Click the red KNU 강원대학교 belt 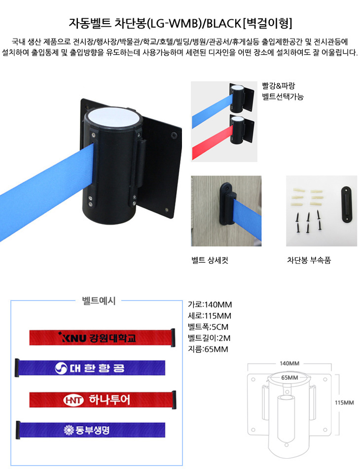click(102, 337)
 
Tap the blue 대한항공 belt click(90, 368)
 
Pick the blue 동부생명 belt click(90, 430)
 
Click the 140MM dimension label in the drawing click(289, 364)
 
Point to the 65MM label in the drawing click(289, 377)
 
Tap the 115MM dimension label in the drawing click(344, 402)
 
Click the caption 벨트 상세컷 click(210, 260)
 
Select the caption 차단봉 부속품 click(309, 260)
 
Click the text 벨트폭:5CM click(208, 327)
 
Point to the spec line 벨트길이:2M click(209, 338)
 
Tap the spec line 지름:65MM click(208, 349)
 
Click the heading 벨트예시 click(99, 301)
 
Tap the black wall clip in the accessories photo click(347, 204)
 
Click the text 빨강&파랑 click(279, 86)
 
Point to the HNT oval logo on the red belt click(73, 400)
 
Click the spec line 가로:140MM click(210, 304)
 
